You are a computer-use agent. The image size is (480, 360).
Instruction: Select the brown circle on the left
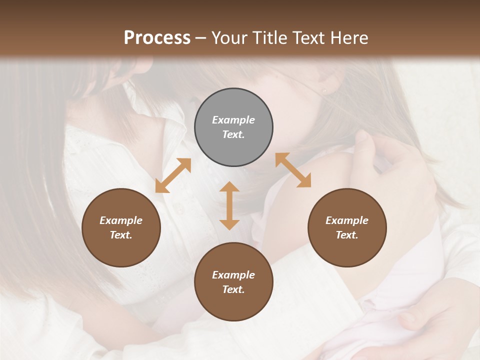tap(121, 227)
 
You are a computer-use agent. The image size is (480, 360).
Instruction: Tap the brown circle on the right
tap(347, 227)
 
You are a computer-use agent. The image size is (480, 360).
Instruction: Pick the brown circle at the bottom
tap(233, 281)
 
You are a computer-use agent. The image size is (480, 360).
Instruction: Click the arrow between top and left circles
tap(173, 175)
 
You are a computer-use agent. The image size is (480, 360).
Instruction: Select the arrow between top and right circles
tap(293, 170)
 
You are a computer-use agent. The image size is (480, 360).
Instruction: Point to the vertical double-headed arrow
tap(229, 205)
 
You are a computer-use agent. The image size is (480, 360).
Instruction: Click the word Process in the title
tap(157, 37)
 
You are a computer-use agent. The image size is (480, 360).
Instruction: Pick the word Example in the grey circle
tap(233, 120)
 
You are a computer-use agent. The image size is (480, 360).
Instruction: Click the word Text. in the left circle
tap(121, 235)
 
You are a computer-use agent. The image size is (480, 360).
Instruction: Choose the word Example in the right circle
tap(347, 220)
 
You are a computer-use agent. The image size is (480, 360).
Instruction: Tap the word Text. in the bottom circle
tap(233, 289)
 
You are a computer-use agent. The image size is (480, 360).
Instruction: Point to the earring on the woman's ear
tap(323, 91)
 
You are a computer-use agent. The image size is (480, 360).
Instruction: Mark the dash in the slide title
tap(200, 38)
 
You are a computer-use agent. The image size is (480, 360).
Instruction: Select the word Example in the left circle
tap(121, 220)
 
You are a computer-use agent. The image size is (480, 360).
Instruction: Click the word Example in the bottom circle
tap(233, 275)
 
